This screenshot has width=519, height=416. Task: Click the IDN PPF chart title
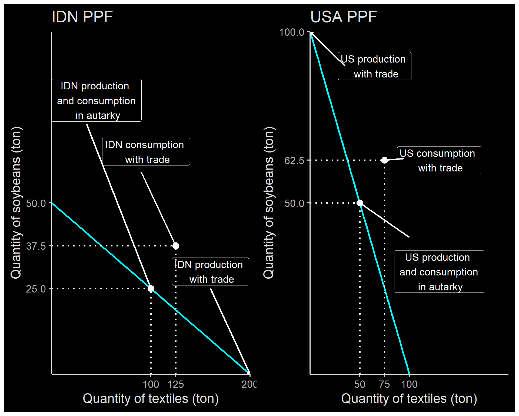pos(82,17)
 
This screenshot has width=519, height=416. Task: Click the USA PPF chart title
pos(343,17)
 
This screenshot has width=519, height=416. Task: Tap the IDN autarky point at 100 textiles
pos(151,289)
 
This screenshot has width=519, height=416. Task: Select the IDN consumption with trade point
pos(176,246)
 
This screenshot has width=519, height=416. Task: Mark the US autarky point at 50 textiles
pos(360,203)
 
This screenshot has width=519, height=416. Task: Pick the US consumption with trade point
pos(384,160)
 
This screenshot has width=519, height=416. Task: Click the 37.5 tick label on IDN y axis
pos(36,246)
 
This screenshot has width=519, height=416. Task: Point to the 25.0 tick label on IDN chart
pos(36,289)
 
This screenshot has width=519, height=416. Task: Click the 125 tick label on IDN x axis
pos(176,384)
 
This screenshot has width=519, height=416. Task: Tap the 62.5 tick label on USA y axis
pos(294,161)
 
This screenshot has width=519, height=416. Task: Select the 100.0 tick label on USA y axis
pos(291,32)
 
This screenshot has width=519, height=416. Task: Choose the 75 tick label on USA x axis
pos(384,384)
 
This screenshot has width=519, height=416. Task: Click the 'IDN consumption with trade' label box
pos(146,152)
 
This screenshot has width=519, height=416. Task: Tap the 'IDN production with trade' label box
pos(210,272)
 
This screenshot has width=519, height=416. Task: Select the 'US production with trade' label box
pos(374,66)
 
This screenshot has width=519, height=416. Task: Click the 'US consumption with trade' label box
pos(439,160)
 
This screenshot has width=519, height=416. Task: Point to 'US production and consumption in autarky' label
pos(439,272)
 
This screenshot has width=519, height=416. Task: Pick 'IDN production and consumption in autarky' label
pos(97,100)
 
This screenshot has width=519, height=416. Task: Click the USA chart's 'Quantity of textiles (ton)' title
pos(409,399)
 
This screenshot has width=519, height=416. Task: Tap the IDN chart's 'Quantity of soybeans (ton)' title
pos(16,203)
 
